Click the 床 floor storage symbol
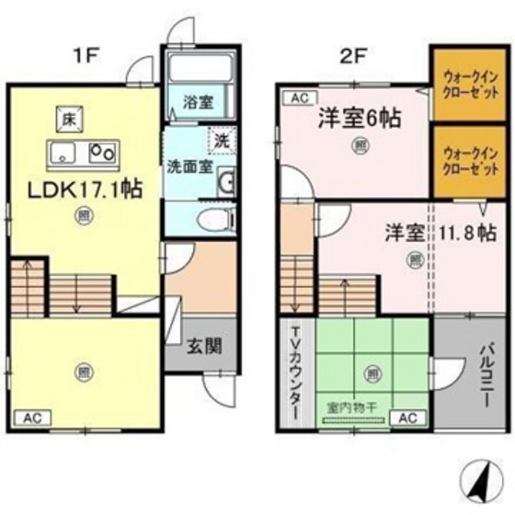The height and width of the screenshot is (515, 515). tap(67, 119)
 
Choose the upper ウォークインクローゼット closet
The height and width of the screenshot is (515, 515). tap(465, 86)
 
